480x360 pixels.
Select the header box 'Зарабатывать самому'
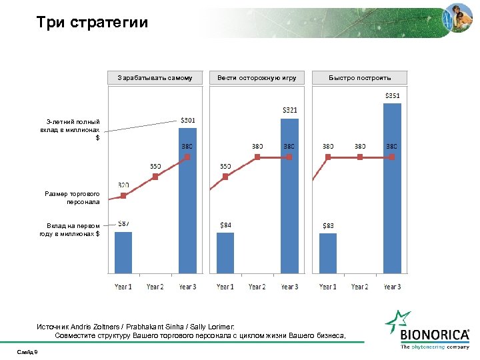click(155, 78)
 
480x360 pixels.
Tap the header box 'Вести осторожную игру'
click(257, 78)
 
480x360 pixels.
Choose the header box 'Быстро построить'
click(359, 78)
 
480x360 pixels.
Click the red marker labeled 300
click(123, 196)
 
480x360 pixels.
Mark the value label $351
click(392, 95)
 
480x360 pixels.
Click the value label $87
click(123, 224)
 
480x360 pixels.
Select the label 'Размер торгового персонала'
click(72, 197)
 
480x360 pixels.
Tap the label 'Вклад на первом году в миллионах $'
click(69, 229)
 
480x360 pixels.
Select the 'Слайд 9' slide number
click(28, 351)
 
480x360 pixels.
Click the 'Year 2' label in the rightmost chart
click(359, 287)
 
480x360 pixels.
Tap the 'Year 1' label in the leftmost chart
click(123, 287)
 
